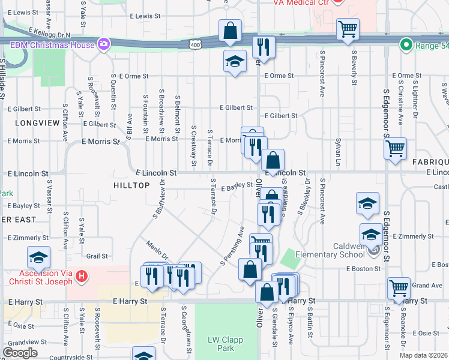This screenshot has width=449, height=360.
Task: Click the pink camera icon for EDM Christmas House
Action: pos(104,44)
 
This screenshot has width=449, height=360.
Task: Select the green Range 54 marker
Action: pos(406,44)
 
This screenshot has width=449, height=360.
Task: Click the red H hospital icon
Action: pos(83,277)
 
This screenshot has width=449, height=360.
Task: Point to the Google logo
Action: pos(20,353)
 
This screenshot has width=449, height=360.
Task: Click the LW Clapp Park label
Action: pos(224,344)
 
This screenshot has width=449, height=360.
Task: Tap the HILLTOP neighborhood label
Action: pos(131,186)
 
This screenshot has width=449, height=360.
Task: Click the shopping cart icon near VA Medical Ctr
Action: pos(348,29)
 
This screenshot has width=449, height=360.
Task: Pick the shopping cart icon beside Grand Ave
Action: pos(399,288)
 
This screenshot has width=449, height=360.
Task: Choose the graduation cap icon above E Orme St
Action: pos(235,61)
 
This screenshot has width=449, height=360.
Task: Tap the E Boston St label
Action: pos(364,269)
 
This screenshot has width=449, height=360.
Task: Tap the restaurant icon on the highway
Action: pos(264,47)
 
